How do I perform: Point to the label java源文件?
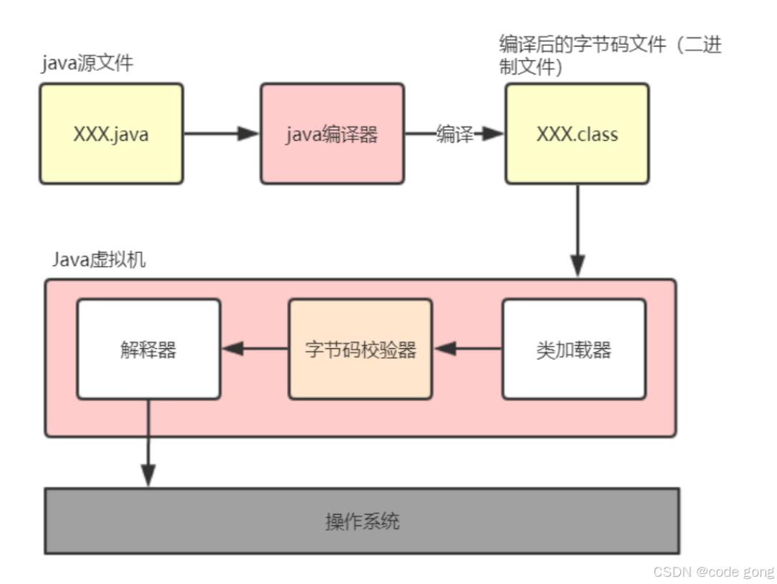point(87,63)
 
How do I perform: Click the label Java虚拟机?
point(99,259)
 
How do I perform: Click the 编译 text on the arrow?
point(455,134)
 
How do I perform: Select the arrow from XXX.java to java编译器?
point(221,134)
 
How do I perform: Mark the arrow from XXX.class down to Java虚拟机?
point(577,229)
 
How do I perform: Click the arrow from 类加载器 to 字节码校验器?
point(468,349)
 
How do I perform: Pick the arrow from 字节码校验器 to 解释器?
point(255,349)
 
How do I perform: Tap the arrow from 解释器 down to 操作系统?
point(148,443)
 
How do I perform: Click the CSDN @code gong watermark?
point(714,571)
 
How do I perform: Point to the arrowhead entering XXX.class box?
point(493,134)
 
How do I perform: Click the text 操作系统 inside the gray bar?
point(362,521)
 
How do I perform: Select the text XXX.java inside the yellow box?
point(111,134)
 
